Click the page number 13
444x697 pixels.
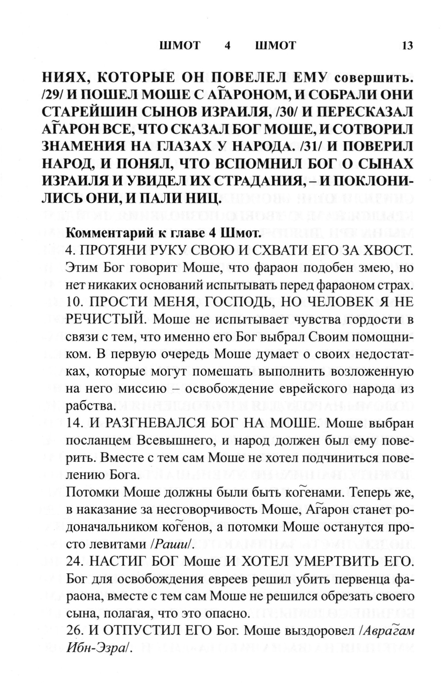[407, 45]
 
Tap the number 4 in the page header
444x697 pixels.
[227, 45]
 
